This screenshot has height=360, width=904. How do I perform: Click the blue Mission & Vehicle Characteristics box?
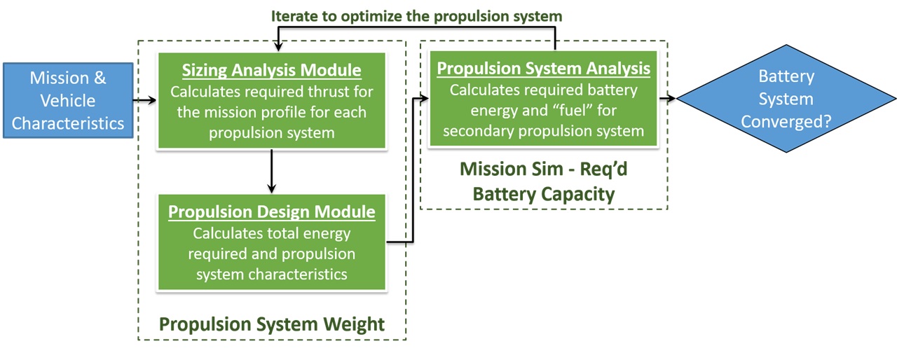(x=68, y=100)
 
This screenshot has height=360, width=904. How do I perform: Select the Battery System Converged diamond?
(x=786, y=99)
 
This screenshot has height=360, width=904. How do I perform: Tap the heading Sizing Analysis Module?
(x=272, y=71)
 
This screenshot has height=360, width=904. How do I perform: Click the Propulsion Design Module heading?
(x=272, y=212)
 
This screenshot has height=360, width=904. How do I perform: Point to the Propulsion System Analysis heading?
(x=543, y=69)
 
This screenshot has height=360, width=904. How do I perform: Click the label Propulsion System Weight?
(x=272, y=324)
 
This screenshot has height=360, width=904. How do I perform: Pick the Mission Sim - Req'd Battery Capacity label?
(x=543, y=181)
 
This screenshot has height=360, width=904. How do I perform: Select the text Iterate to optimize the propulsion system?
(x=417, y=15)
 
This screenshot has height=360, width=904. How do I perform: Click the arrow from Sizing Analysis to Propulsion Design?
(x=272, y=171)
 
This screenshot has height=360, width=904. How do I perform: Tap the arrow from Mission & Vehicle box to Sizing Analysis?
(x=145, y=101)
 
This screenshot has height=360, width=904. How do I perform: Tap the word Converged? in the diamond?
(x=786, y=120)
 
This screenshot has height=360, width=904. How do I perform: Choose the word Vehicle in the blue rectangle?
(x=68, y=100)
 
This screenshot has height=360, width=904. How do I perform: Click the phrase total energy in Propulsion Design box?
(x=306, y=233)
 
